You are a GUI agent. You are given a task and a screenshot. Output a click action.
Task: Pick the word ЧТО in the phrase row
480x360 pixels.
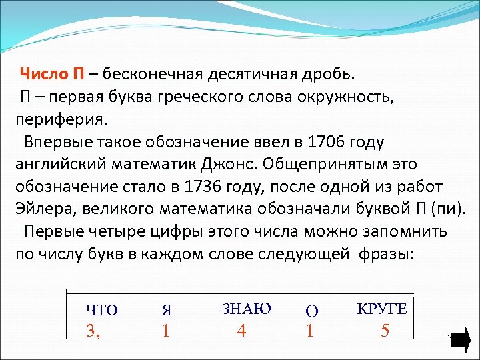[x=101, y=309]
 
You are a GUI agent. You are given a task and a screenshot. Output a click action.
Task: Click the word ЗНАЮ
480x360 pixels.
[x=246, y=308]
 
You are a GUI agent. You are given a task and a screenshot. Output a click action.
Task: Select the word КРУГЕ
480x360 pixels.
[x=382, y=308]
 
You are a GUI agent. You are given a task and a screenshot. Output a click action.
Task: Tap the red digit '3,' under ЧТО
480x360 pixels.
[x=94, y=331]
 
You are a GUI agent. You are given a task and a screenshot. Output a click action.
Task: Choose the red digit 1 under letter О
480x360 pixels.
[x=309, y=331]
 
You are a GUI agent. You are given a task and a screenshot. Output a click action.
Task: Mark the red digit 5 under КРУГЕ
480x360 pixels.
[x=385, y=331]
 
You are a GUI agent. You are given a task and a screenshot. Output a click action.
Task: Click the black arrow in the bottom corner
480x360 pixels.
[x=461, y=341]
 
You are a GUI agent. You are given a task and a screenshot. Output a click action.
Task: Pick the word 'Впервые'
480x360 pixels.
[x=53, y=142]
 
